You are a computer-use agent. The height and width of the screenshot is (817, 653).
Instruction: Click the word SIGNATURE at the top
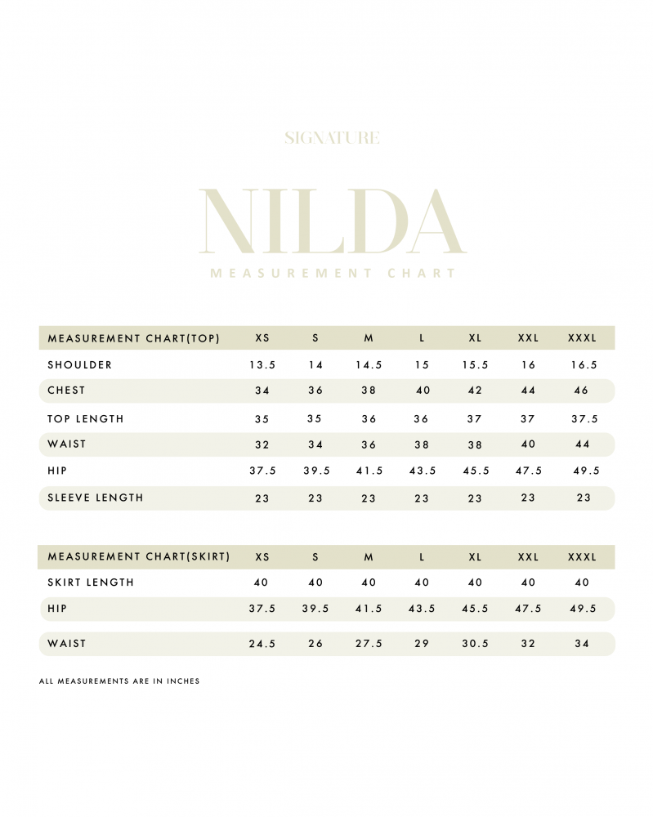(x=332, y=138)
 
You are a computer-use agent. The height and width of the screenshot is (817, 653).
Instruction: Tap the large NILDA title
(x=332, y=221)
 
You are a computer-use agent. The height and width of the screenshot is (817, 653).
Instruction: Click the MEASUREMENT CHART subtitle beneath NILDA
(x=333, y=274)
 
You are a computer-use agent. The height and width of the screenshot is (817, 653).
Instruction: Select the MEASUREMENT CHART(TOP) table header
(x=134, y=338)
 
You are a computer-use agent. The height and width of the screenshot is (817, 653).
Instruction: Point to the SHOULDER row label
(x=80, y=365)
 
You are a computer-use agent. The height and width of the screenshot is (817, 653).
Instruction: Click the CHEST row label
(x=66, y=391)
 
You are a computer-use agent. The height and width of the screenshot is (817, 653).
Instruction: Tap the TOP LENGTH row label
(x=86, y=419)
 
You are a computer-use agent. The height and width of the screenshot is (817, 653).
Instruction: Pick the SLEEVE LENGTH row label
(x=96, y=498)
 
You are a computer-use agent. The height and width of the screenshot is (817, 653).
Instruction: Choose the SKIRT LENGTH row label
(x=91, y=583)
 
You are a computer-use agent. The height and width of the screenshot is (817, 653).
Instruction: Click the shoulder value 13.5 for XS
(x=262, y=365)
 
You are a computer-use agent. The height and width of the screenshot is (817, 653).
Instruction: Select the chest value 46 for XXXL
(x=582, y=391)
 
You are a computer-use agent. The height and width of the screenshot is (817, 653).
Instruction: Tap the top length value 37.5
(x=584, y=419)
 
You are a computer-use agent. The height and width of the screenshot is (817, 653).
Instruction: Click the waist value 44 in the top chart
(x=582, y=444)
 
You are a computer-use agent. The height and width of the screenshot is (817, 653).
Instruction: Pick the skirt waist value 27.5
(x=369, y=644)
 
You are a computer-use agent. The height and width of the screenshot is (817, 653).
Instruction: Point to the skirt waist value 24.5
(x=262, y=644)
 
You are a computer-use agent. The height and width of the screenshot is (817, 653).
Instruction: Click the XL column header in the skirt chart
(x=475, y=557)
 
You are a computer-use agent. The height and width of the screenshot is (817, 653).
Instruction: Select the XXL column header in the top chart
(x=528, y=338)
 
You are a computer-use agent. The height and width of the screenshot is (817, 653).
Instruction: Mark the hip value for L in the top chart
(x=423, y=471)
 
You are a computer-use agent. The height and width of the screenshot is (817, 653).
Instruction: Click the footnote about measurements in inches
(x=119, y=681)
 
